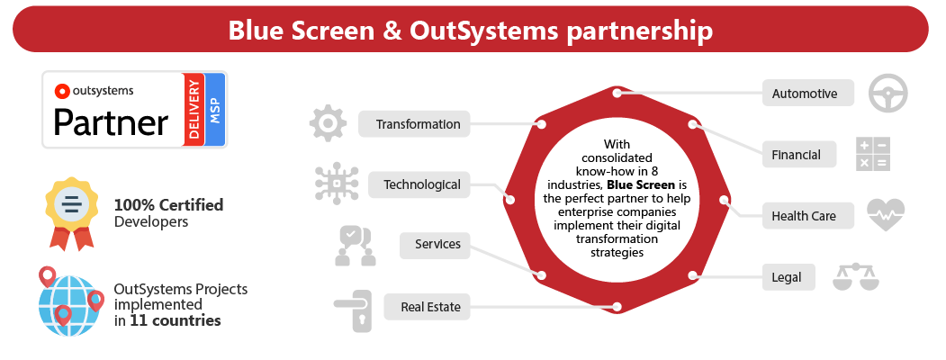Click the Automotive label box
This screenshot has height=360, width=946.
coord(808,93)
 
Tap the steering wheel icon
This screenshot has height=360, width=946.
coord(888,94)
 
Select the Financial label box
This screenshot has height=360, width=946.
coord(799,155)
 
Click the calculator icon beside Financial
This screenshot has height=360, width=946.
coord(873,155)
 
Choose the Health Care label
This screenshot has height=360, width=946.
coord(808,216)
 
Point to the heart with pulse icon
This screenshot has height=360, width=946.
coord(886,215)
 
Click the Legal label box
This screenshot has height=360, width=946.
coord(788,277)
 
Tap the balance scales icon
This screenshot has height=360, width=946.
coord(855,276)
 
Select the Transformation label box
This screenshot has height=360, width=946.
coord(414,123)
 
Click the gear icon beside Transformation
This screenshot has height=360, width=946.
coord(328,123)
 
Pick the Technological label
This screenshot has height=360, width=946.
coord(419,184)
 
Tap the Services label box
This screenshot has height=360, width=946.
coord(435,245)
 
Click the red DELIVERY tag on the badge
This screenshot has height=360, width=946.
coord(194,109)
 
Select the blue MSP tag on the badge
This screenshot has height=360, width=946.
coord(215,109)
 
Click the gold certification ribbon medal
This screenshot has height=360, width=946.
coord(72,213)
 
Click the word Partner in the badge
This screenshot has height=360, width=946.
coord(111,122)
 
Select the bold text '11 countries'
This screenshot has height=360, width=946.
coord(175,320)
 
